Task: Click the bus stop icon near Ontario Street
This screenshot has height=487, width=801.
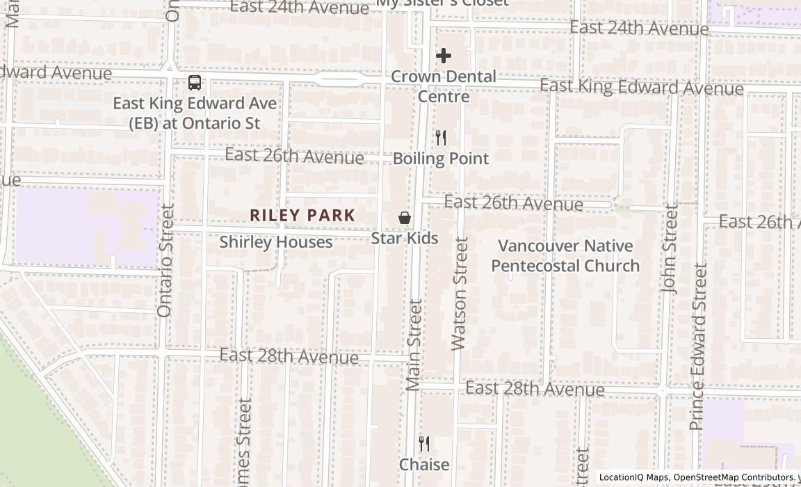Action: coord(195,83)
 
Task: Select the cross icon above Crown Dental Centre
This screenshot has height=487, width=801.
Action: coord(444,56)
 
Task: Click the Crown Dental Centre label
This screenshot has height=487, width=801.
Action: coord(444,86)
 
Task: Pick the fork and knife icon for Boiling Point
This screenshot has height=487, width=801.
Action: coord(440,138)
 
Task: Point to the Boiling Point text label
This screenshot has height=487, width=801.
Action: coord(441,159)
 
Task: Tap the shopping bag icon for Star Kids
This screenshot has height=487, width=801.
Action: coord(404,218)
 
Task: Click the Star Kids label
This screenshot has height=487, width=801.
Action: coord(405,239)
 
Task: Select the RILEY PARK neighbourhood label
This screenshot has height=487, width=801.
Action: coord(302,216)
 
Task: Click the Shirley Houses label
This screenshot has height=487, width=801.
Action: coord(276,242)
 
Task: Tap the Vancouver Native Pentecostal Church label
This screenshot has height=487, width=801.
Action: coord(565,255)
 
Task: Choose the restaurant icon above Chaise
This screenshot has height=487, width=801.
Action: coord(423,443)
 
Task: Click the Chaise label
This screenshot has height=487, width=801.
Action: coord(424,464)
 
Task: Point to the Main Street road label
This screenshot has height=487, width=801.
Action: coord(414,344)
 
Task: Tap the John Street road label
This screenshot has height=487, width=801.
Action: coord(670,248)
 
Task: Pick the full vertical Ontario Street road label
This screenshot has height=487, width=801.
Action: coord(165,260)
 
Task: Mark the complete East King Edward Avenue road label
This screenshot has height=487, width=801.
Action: coord(642,87)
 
